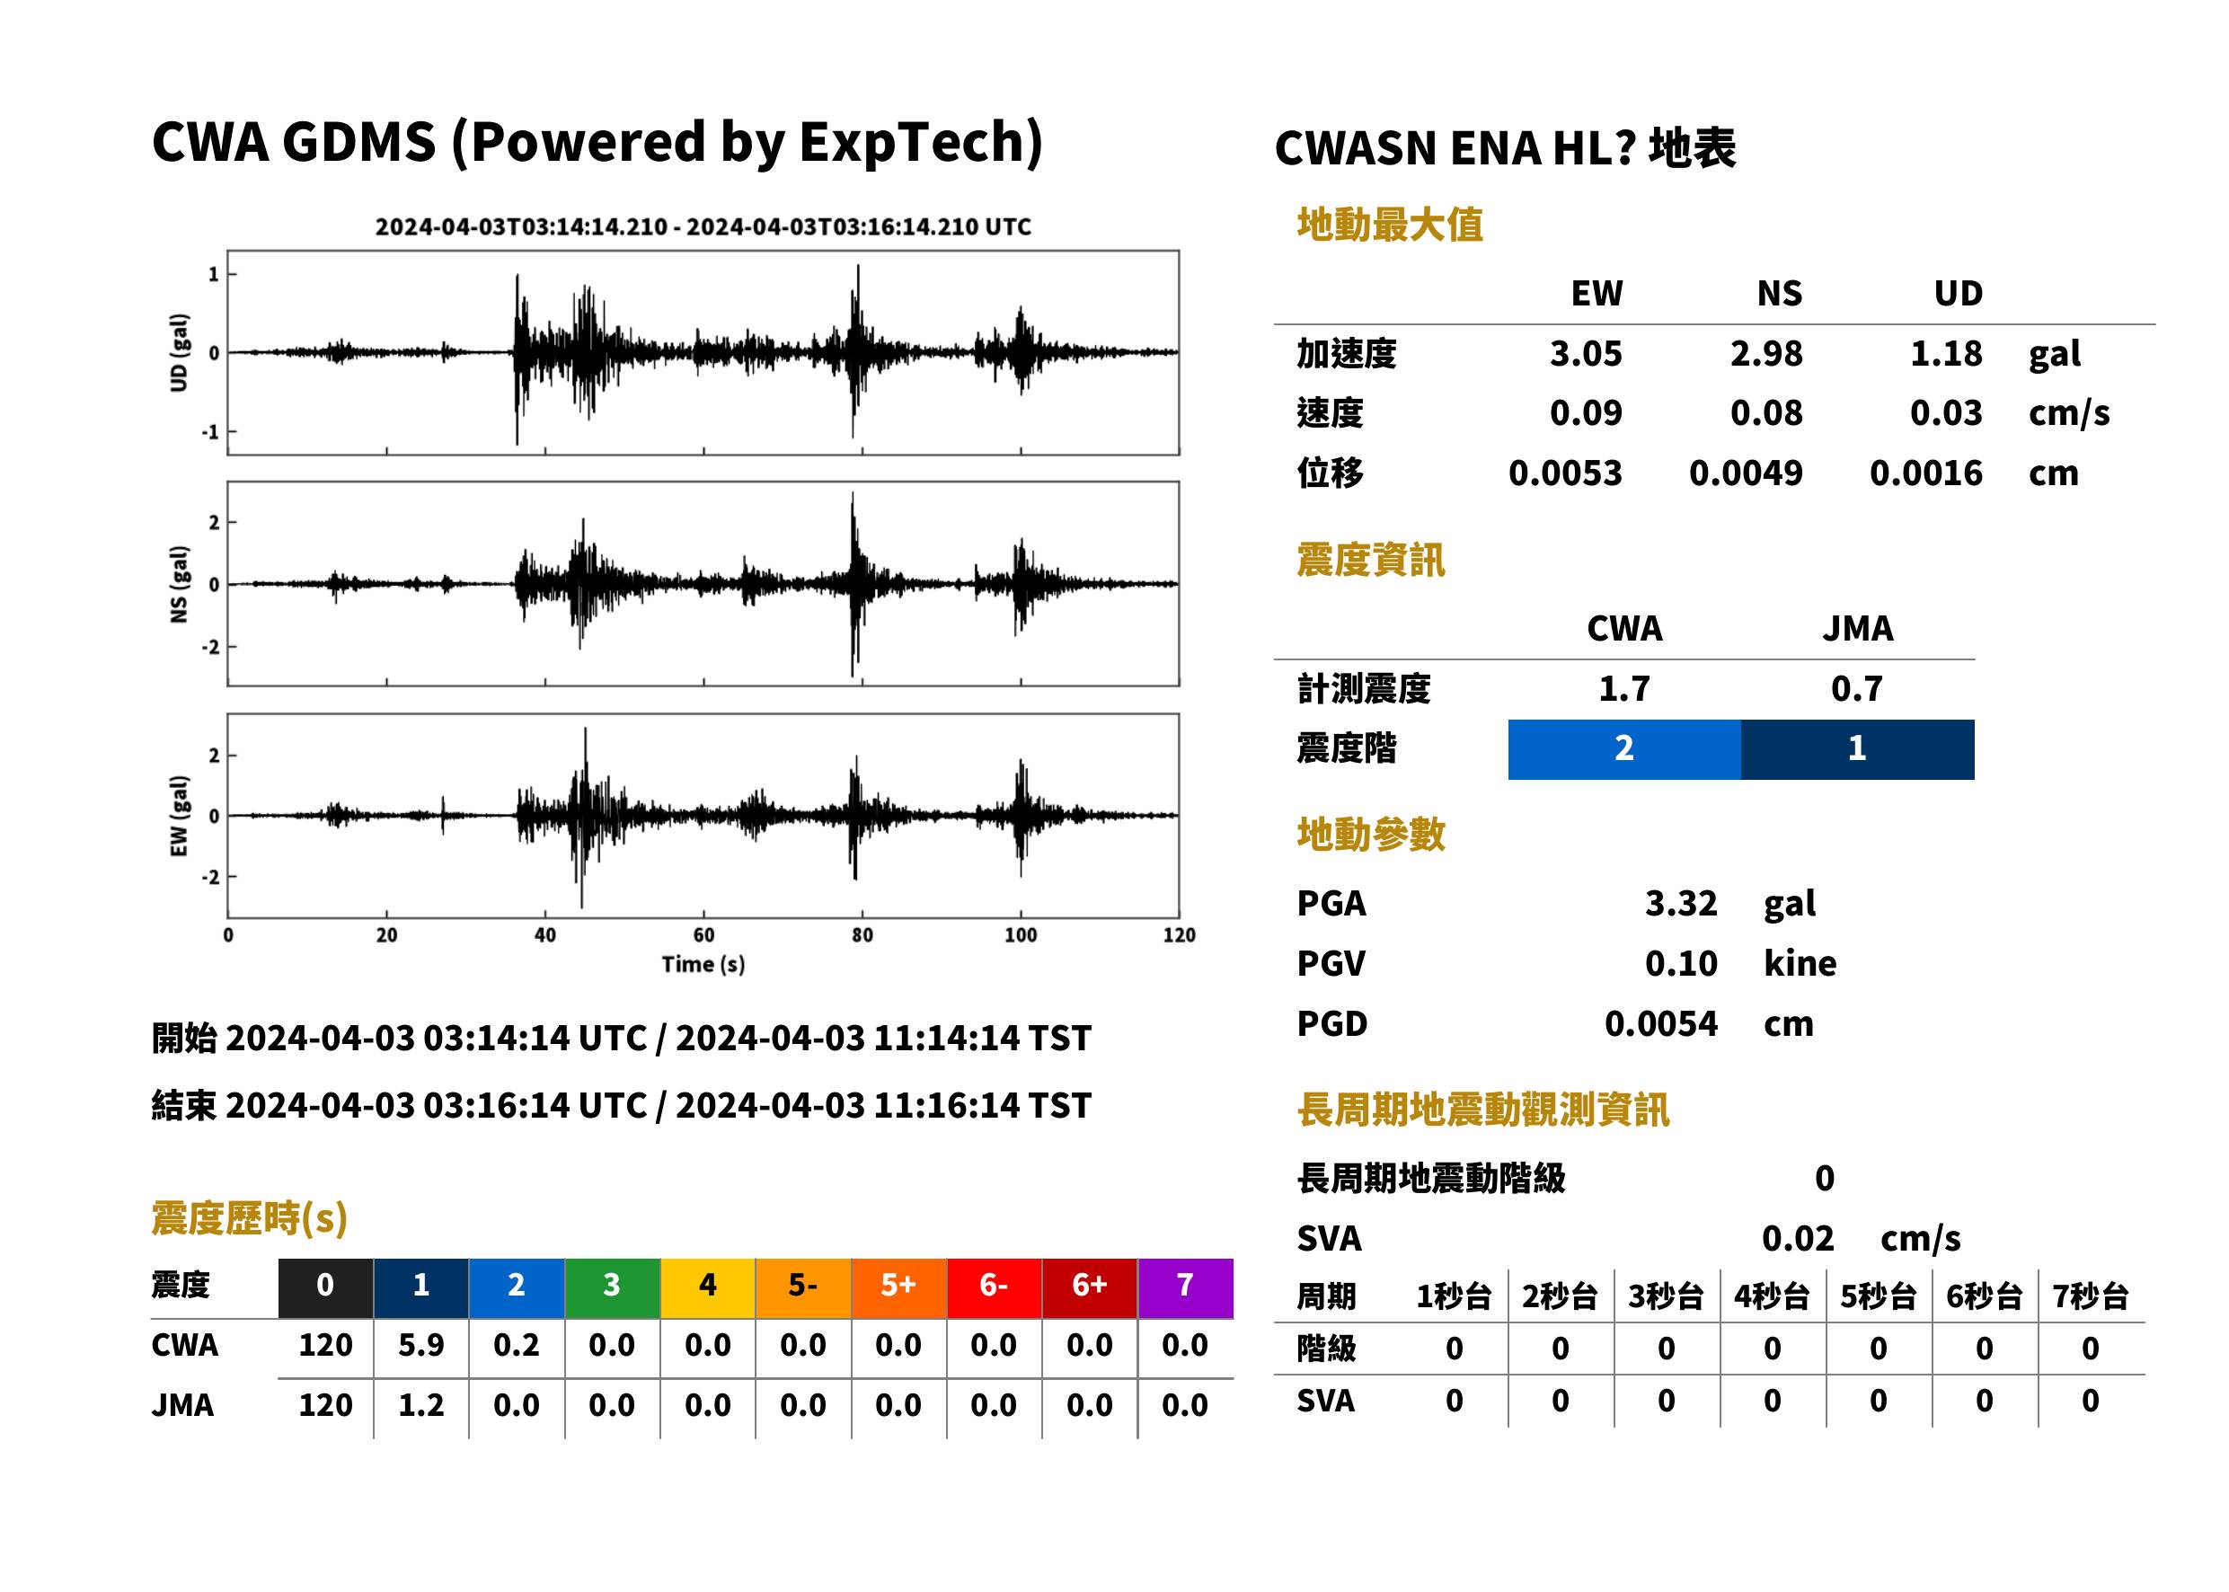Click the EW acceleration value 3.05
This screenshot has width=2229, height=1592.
pos(1585,353)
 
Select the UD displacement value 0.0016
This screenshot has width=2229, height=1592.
pos(1925,473)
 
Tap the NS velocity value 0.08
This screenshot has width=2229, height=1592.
pos(1765,412)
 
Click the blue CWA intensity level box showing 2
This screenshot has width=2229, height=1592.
pos(1623,749)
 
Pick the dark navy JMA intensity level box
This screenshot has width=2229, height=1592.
pos(1856,749)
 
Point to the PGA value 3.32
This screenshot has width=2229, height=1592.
pos(1680,903)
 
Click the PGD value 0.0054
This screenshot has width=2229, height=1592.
pos(1660,1023)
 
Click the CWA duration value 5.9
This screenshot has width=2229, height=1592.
pos(420,1345)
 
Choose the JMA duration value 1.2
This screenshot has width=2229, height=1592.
pos(420,1405)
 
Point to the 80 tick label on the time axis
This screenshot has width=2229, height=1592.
pos(862,935)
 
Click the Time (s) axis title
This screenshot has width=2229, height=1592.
pos(703,965)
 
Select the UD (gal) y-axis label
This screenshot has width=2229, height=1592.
pos(179,353)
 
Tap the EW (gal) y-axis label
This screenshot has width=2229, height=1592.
pos(179,816)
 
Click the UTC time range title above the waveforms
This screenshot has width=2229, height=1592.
pos(703,226)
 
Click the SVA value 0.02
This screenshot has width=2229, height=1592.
pos(1797,1238)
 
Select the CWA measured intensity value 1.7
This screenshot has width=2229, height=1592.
pos(1623,688)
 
